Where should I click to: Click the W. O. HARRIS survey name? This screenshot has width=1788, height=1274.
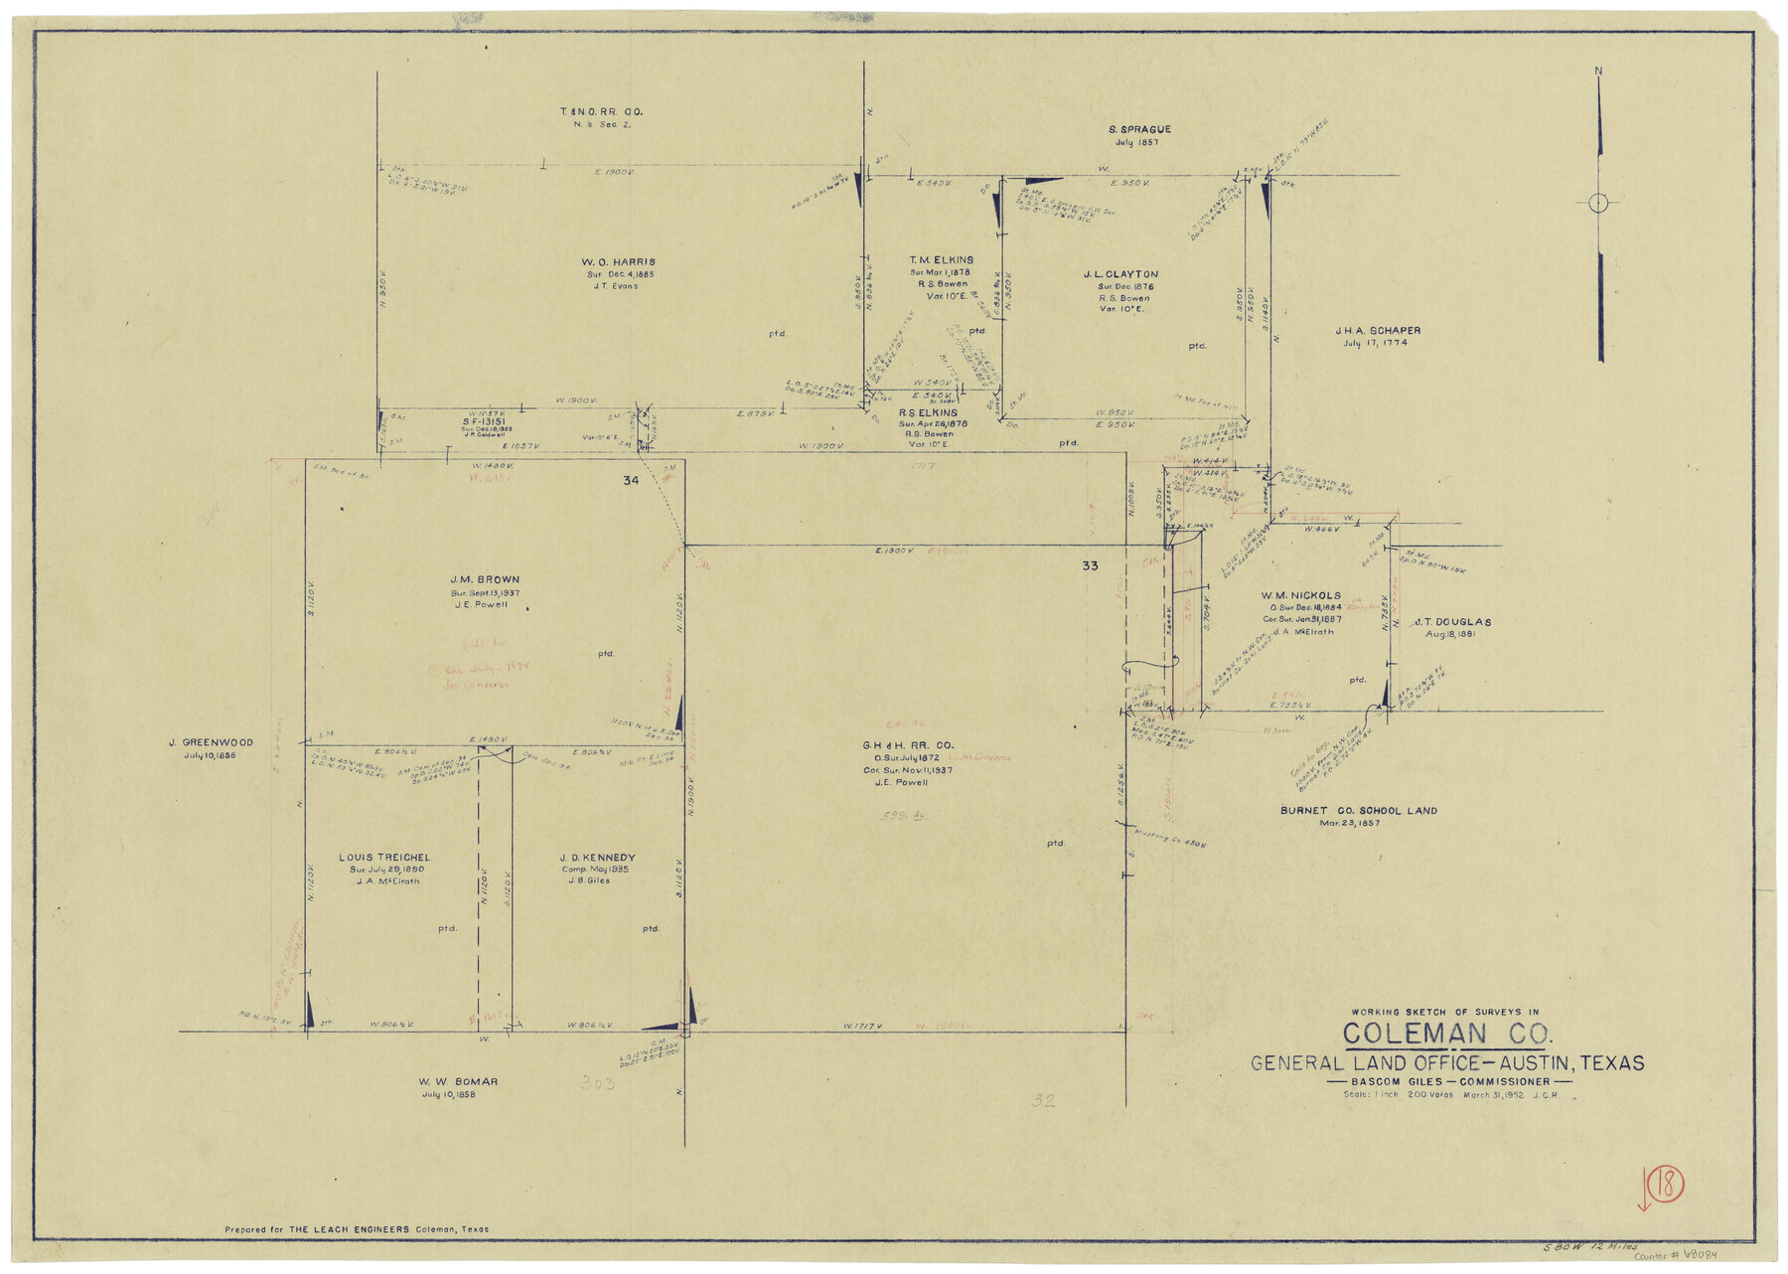coord(618,262)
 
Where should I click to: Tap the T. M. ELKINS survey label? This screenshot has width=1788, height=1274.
coord(941,260)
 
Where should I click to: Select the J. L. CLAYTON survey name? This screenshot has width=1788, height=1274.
coord(1120,274)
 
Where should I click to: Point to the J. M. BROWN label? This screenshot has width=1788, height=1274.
coord(485,579)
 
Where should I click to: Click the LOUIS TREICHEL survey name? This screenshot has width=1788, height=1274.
coord(384,858)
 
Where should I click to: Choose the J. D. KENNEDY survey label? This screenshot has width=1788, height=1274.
coord(597,858)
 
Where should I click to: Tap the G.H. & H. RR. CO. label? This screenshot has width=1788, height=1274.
coord(908,745)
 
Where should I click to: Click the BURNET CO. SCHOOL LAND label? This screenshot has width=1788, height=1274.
coord(1358,811)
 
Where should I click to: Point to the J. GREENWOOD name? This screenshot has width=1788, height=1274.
coord(211,742)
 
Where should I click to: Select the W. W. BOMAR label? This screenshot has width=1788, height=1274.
coord(458,1081)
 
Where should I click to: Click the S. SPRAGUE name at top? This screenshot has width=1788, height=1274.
coord(1138,129)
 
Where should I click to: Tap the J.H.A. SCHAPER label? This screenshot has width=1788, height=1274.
coord(1377,331)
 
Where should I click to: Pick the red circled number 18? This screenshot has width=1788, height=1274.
coord(1665,1185)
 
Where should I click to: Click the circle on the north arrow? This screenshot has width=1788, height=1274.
coord(1598,204)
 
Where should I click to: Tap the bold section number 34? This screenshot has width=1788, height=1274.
coord(631,481)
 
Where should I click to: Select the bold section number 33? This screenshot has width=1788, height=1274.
coord(1090,565)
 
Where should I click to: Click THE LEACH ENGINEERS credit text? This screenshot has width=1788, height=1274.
coord(349,1229)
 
